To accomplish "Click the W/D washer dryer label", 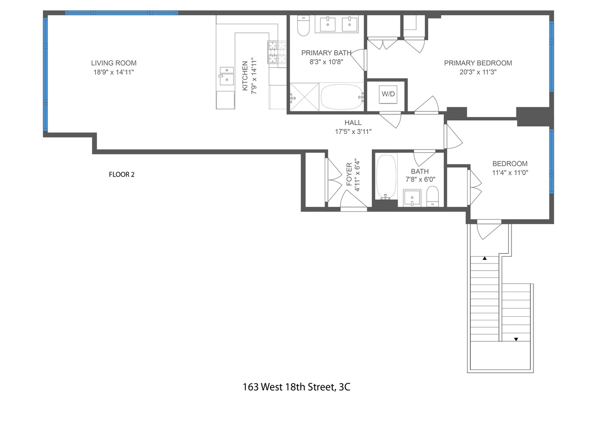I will click(388, 94).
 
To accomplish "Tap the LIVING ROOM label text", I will click(114, 63).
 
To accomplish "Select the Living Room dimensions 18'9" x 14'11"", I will click(114, 72).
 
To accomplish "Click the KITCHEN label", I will click(245, 76).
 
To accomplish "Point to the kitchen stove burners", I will click(277, 52).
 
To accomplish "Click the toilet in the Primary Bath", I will click(304, 27).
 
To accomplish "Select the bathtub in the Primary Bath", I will click(342, 97).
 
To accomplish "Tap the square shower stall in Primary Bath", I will click(305, 97).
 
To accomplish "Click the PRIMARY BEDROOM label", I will click(478, 63).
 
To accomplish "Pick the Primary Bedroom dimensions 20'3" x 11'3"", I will click(478, 72).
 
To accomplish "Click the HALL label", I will click(353, 123).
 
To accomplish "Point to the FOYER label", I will click(349, 175).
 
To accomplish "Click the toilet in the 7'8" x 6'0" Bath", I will click(433, 197).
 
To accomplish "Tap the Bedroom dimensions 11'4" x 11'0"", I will click(510, 172).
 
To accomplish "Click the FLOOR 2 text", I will click(122, 175).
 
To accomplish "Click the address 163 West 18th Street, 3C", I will click(296, 387).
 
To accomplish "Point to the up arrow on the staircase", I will click(485, 258).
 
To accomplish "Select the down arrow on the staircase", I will click(516, 339).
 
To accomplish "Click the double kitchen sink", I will click(226, 75).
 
